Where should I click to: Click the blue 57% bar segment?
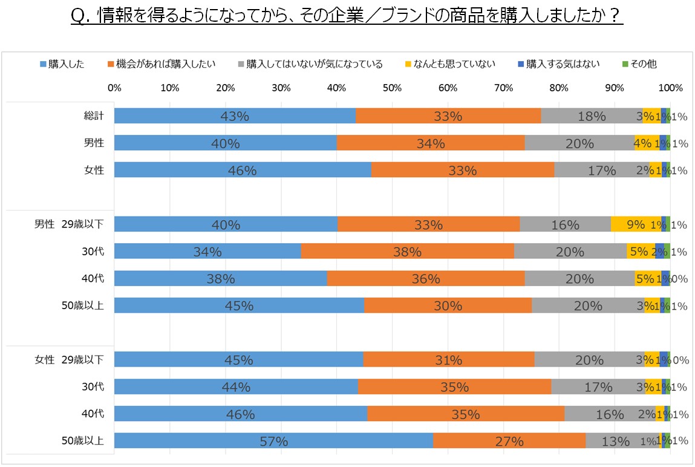[273, 441]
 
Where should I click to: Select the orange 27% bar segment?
[509, 441]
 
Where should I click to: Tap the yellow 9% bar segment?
[635, 224]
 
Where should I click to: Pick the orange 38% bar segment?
[407, 251]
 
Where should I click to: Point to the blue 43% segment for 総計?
[235, 116]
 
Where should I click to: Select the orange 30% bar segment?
[448, 305]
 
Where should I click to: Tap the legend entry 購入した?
[63, 64]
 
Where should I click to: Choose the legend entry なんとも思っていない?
[449, 64]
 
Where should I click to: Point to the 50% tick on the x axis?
[392, 88]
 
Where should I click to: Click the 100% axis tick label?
[670, 88]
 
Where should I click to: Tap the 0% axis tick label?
[114, 88]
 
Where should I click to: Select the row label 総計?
[94, 116]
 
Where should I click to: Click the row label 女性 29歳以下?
[69, 359]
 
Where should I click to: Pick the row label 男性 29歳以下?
[69, 224]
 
